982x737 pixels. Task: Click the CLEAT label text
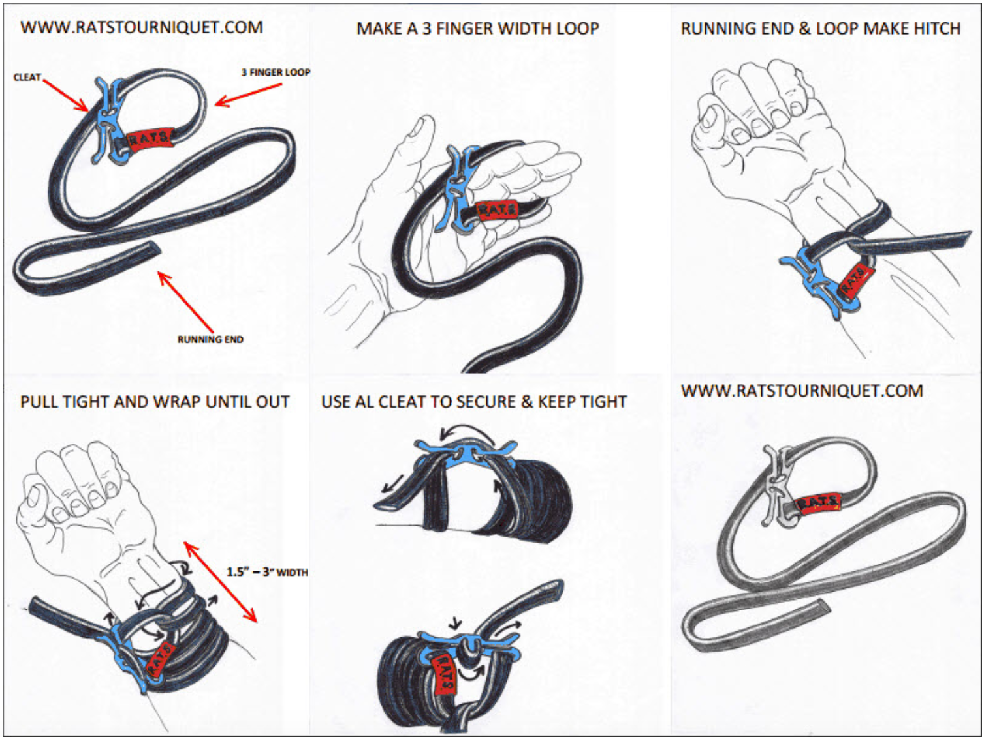(27, 77)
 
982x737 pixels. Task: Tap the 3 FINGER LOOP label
(276, 72)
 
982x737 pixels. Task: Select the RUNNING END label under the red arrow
(210, 339)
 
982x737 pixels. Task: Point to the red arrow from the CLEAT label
(65, 95)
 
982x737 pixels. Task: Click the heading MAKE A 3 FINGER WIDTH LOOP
(477, 29)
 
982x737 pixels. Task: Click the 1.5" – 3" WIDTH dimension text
(266, 572)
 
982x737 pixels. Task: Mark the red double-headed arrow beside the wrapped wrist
(220, 582)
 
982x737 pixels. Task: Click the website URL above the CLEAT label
(142, 27)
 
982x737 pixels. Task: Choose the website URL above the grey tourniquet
(802, 391)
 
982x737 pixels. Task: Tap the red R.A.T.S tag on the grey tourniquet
(819, 503)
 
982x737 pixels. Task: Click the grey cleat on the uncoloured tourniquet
(777, 486)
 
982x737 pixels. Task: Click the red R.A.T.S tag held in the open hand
(498, 210)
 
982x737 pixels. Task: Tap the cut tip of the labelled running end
(153, 248)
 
